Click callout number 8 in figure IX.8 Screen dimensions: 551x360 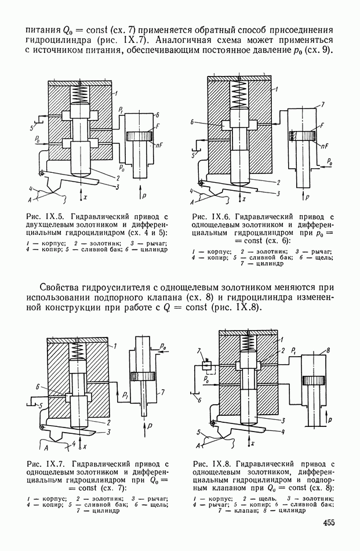tap(328, 350)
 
